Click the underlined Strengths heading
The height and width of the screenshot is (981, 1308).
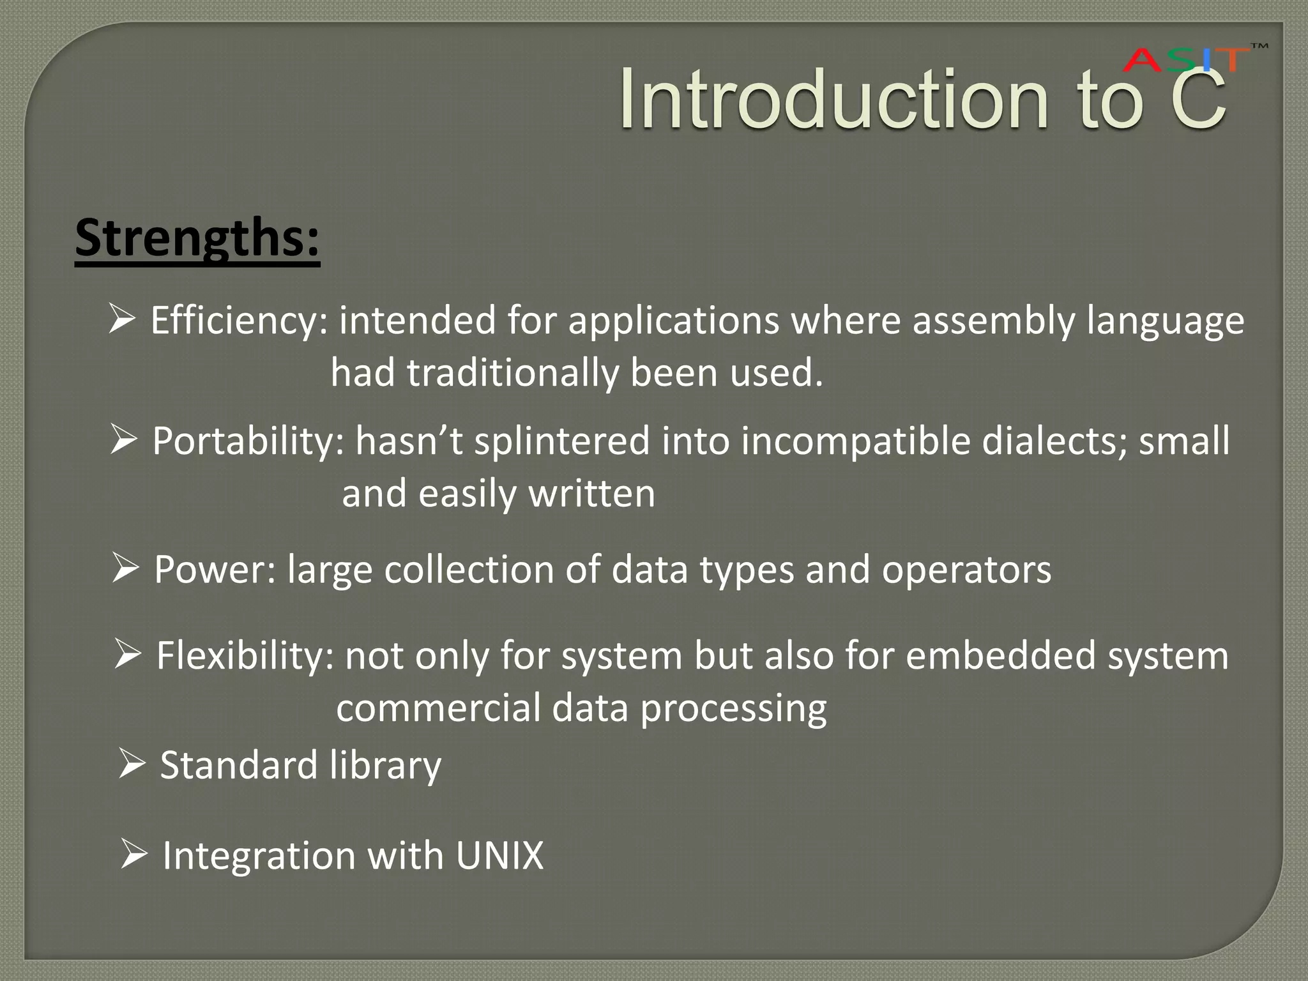(197, 238)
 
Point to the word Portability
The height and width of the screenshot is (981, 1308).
(248, 441)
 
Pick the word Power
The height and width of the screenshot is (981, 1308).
(215, 569)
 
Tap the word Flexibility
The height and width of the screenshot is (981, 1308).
(245, 656)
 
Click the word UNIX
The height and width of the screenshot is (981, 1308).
(499, 855)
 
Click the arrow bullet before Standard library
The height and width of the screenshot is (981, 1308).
(132, 764)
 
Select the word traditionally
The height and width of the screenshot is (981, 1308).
(513, 373)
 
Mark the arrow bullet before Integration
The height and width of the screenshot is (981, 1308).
(134, 854)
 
